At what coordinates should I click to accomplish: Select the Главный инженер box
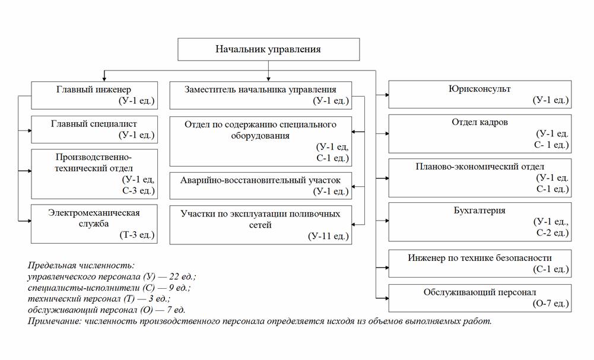(x=94, y=95)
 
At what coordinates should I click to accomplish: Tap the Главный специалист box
(x=94, y=129)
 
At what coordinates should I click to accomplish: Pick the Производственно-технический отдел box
(x=94, y=174)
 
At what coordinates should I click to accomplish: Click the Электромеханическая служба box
(x=94, y=224)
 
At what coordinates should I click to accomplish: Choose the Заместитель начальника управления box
(x=260, y=95)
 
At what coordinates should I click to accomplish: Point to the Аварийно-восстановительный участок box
(x=260, y=185)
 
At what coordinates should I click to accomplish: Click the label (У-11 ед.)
(x=328, y=236)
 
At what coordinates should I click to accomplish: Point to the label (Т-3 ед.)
(x=137, y=235)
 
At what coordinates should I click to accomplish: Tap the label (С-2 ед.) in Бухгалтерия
(x=552, y=232)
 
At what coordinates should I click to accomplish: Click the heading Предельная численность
(x=81, y=266)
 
